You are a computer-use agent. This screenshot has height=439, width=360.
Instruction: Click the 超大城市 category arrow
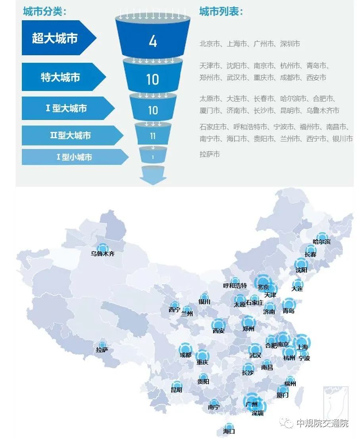(56, 38)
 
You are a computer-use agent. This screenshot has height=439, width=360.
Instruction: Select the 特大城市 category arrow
(60, 77)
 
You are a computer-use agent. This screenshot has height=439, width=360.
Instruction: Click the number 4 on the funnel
(153, 41)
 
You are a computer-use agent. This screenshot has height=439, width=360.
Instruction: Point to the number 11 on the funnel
(153, 136)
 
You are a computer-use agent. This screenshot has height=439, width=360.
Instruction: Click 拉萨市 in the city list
(210, 154)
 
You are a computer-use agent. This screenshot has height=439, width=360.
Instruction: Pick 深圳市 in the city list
(290, 44)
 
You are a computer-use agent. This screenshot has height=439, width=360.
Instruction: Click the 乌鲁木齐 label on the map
(102, 254)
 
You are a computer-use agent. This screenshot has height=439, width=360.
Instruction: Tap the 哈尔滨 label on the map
(321, 242)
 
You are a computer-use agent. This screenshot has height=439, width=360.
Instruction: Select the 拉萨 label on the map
(102, 350)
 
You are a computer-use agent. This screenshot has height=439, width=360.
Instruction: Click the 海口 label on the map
(229, 431)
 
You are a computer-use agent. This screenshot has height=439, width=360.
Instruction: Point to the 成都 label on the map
(185, 355)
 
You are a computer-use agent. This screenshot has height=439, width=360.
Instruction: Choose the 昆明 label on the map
(177, 390)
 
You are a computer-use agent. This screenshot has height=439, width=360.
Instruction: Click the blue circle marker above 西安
(218, 324)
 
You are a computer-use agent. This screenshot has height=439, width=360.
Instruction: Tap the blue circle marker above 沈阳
(301, 263)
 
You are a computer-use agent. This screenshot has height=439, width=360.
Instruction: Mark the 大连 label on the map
(297, 289)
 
